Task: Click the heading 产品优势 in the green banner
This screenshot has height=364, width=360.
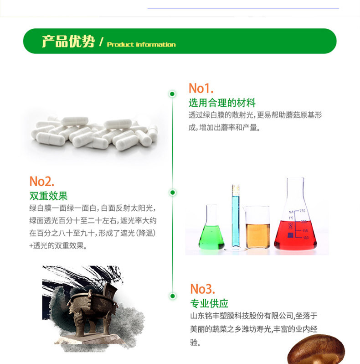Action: [68, 42]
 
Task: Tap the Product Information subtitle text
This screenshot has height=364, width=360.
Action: [141, 45]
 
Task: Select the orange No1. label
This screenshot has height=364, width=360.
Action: [201, 88]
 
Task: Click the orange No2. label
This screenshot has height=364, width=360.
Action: [42, 181]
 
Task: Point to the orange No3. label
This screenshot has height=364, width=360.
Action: [202, 289]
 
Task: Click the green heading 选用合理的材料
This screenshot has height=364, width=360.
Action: [222, 103]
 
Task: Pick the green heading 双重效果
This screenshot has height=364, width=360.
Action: [48, 196]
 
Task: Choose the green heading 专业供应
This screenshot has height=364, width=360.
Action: [209, 303]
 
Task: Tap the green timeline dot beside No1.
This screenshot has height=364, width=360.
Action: [172, 94]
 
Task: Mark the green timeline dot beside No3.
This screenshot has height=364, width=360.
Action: [173, 296]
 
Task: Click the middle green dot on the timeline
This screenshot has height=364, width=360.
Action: [173, 192]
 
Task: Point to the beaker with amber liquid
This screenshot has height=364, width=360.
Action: [257, 227]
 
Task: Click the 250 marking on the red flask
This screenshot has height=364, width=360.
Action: [303, 211]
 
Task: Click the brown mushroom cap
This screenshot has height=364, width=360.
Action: [316, 350]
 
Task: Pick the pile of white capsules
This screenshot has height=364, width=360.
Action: [94, 134]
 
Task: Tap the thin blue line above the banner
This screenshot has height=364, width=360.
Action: [243, 8]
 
